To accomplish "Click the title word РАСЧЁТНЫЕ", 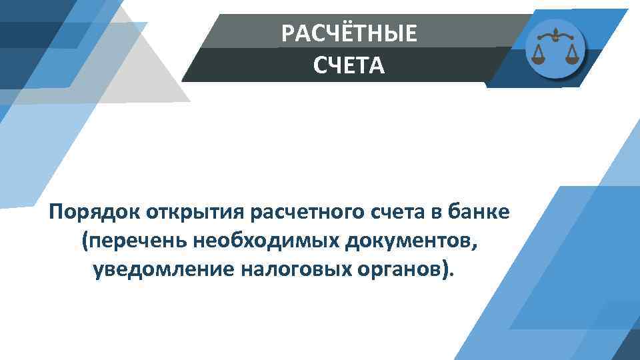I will [x=349, y=33].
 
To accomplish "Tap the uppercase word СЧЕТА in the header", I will [x=349, y=65].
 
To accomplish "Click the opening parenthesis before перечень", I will [x=84, y=241].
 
